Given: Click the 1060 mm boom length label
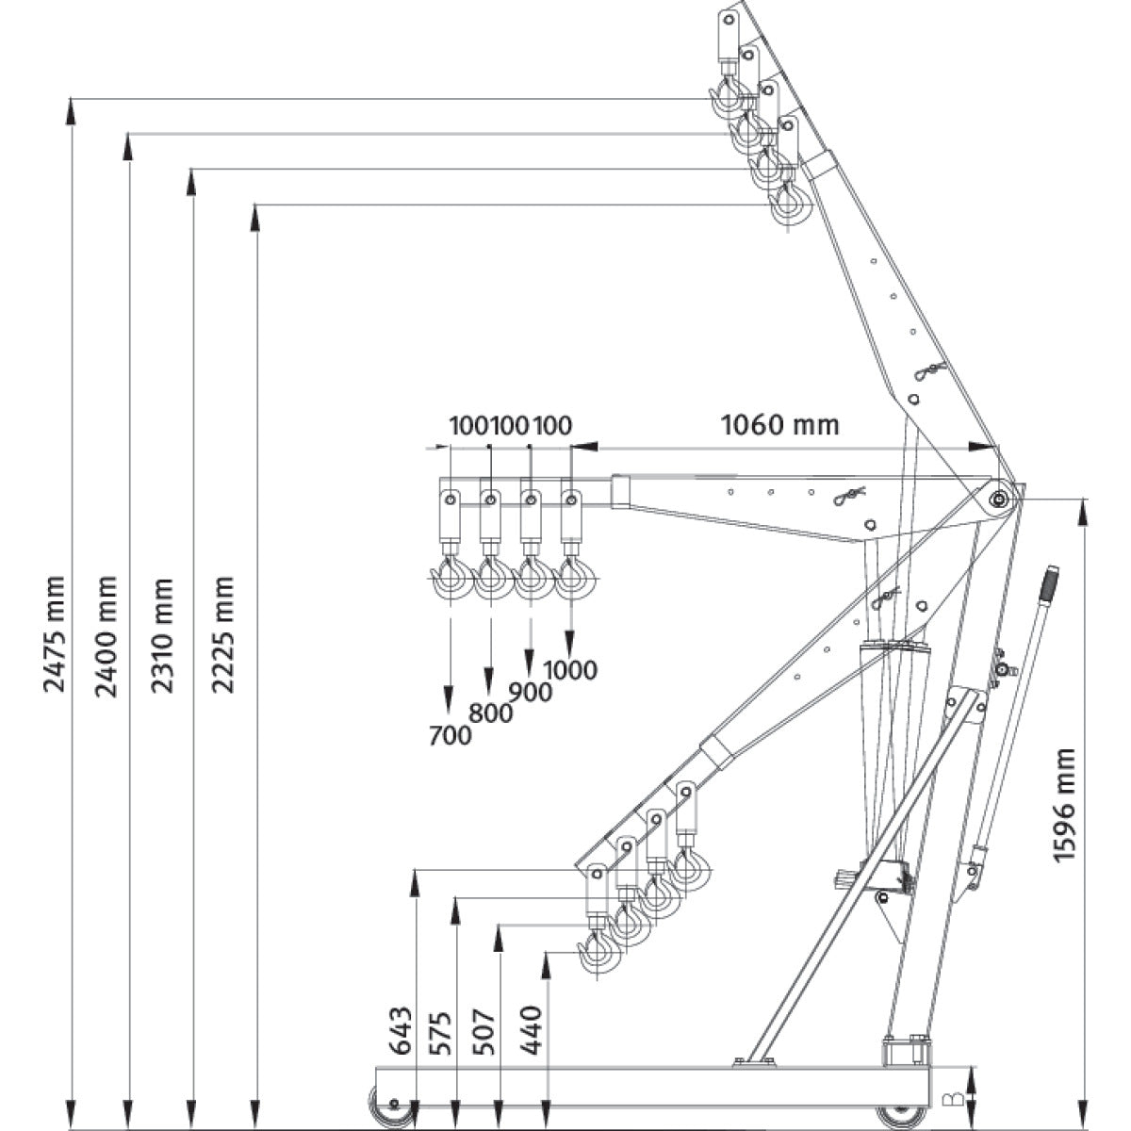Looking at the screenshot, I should [x=779, y=425].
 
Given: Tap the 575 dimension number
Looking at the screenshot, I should [x=442, y=1031].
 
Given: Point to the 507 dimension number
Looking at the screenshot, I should [x=484, y=1031].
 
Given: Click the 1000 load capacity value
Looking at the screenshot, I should [x=570, y=669].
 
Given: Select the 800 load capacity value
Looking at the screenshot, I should [x=490, y=713].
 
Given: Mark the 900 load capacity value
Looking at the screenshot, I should [x=530, y=691].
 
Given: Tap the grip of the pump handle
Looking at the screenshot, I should [x=1049, y=581].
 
